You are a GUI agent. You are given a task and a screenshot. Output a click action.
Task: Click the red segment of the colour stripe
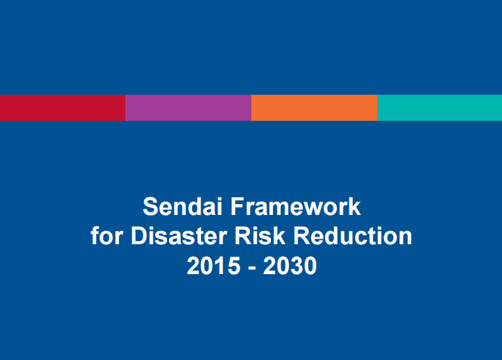[x=62, y=107]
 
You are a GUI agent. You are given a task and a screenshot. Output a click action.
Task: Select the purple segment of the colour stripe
[x=188, y=107]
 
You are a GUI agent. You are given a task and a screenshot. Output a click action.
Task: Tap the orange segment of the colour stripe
[x=314, y=107]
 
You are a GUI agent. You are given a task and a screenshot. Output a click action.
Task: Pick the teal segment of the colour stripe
[x=440, y=107]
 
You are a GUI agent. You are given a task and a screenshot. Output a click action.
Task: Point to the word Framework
[x=295, y=207]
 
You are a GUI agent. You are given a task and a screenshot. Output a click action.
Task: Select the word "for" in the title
[x=106, y=237]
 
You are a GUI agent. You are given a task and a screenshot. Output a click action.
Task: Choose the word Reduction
[x=352, y=237]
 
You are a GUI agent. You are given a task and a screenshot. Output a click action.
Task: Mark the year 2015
[x=211, y=266]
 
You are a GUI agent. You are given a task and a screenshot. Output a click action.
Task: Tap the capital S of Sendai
[x=150, y=207]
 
